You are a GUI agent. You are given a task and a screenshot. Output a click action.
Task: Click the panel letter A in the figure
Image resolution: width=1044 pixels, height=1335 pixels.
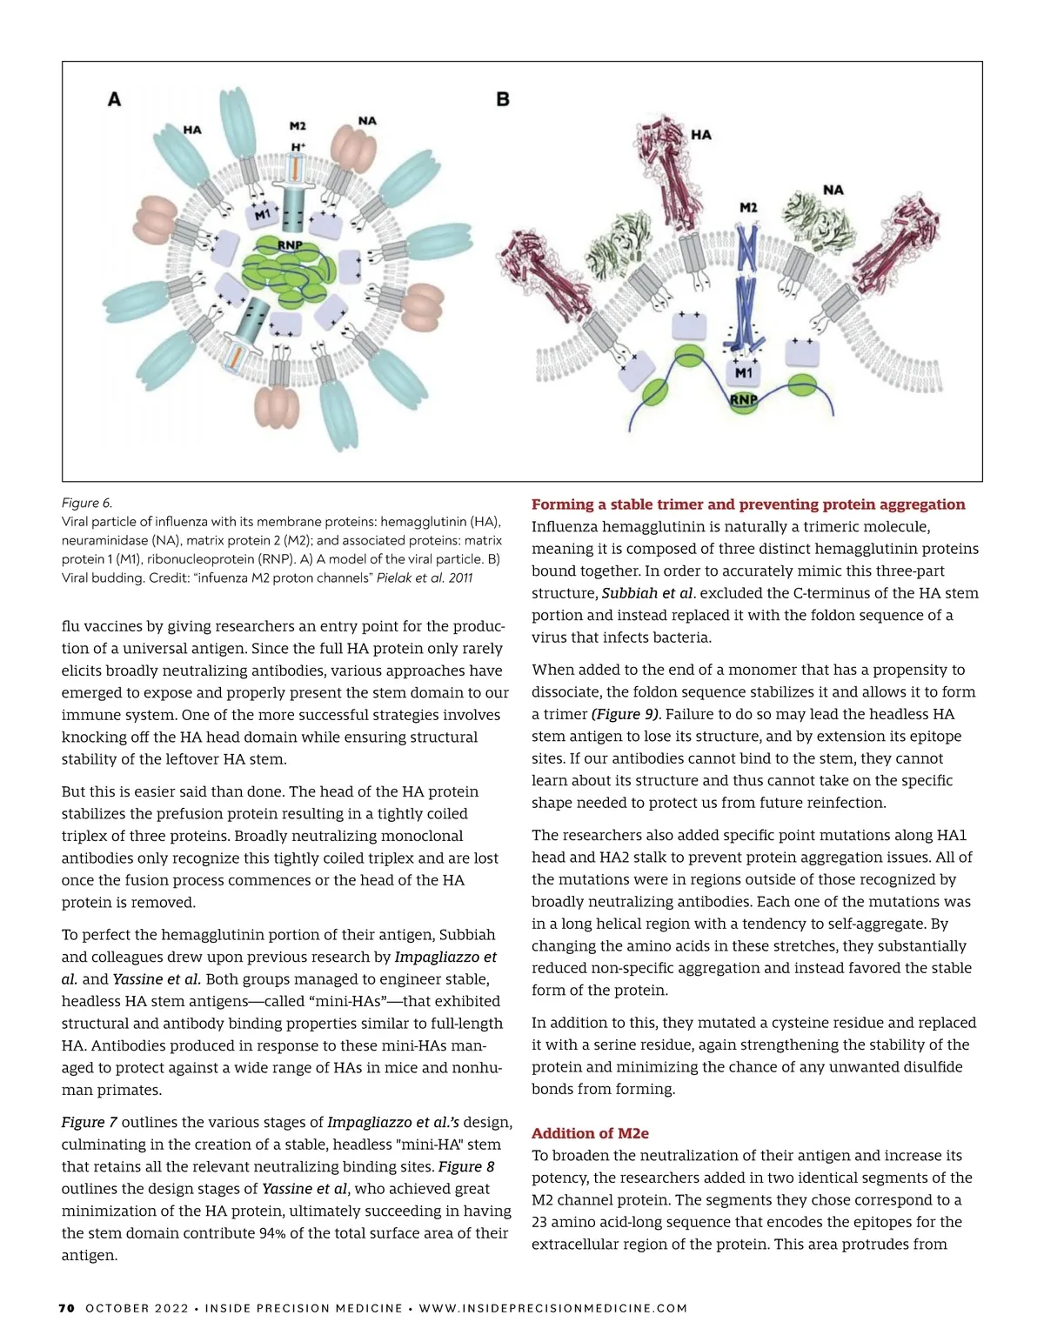[x=114, y=99]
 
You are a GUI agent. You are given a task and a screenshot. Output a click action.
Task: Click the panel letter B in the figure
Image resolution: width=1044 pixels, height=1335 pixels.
[x=503, y=99]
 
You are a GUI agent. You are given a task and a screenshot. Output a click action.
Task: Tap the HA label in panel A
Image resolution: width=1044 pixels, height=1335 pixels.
[x=192, y=130]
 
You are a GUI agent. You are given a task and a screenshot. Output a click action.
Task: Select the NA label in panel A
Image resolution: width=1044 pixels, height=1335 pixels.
[x=367, y=121]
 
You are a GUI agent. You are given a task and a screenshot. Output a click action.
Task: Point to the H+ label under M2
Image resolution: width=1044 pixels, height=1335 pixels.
[x=298, y=147]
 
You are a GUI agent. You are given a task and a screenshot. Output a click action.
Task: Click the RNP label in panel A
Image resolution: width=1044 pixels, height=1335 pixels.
[x=290, y=245]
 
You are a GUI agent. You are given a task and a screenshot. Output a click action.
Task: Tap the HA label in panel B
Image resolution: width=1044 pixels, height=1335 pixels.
[x=701, y=135]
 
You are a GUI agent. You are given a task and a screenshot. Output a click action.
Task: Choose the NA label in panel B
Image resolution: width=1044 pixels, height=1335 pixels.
[x=833, y=190]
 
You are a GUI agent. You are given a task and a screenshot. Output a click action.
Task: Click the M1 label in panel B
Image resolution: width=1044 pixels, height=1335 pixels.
[x=744, y=372]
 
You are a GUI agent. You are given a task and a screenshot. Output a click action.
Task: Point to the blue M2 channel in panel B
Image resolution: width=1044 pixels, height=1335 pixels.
[x=746, y=287]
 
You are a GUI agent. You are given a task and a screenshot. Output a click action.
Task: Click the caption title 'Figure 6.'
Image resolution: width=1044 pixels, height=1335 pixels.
[x=87, y=503]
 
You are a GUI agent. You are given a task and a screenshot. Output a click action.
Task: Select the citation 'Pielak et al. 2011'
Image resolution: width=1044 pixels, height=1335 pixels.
[x=425, y=577]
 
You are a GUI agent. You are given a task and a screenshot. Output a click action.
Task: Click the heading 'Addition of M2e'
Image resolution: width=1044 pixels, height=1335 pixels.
[x=590, y=1133]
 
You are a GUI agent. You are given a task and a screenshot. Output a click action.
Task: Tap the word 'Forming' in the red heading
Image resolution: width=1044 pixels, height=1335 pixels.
[x=561, y=504]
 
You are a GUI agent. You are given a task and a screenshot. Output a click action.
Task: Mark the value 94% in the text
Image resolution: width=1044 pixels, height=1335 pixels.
[x=272, y=1233]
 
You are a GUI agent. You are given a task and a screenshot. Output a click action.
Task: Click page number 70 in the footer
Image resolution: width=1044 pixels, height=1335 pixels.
[x=67, y=1308]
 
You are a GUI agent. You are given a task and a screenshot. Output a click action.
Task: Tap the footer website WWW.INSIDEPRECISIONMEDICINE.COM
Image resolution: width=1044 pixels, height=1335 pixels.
[x=553, y=1308]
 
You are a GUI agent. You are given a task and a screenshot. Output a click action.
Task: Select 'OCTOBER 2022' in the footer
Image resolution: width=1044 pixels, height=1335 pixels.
[x=137, y=1308]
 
